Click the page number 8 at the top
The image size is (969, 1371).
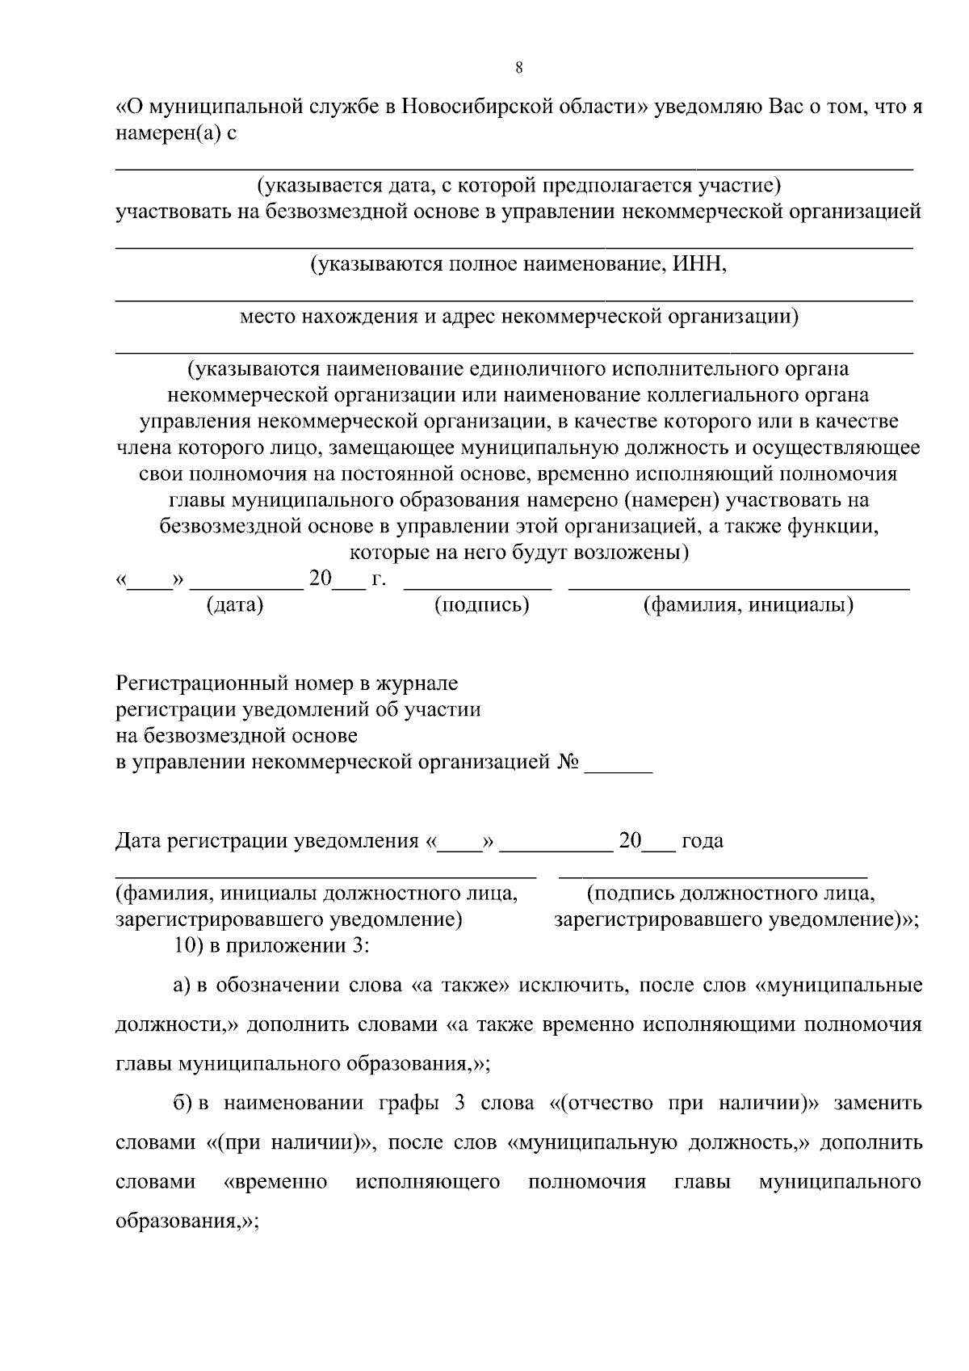point(519,68)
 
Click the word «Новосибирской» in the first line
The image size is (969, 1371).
point(480,107)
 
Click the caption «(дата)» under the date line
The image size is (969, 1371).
point(235,605)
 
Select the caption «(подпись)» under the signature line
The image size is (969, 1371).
point(482,605)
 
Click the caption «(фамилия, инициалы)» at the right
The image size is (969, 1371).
point(749,605)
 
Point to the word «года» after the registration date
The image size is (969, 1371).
point(703,842)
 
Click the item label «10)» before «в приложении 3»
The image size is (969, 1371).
point(190,946)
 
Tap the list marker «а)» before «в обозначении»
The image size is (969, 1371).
point(182,986)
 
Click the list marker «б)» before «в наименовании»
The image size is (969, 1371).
point(182,1104)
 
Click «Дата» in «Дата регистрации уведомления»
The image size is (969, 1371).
point(138,842)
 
